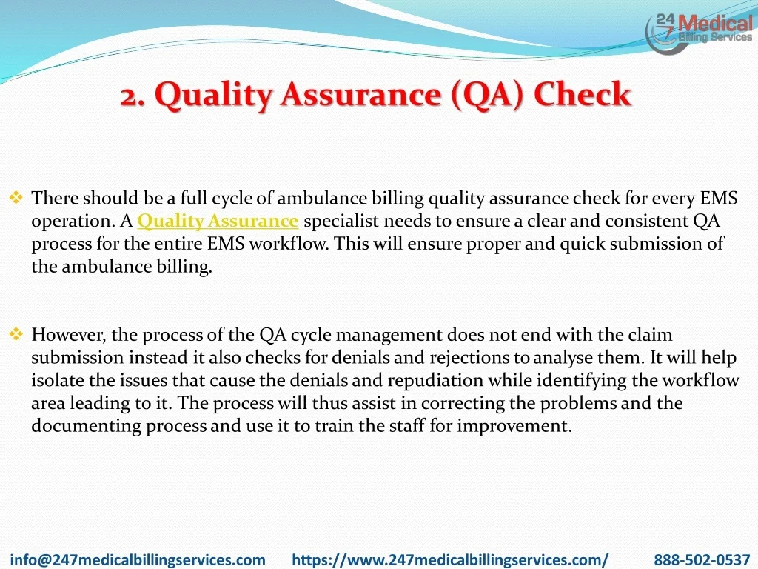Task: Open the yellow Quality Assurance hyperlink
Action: tap(218, 221)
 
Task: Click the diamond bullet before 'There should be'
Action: tap(16, 197)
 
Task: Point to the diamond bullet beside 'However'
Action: tap(16, 334)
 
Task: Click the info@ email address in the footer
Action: tap(138, 560)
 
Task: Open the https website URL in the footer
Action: tap(450, 560)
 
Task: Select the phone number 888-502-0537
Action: tap(702, 560)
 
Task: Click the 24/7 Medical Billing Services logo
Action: tap(699, 33)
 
